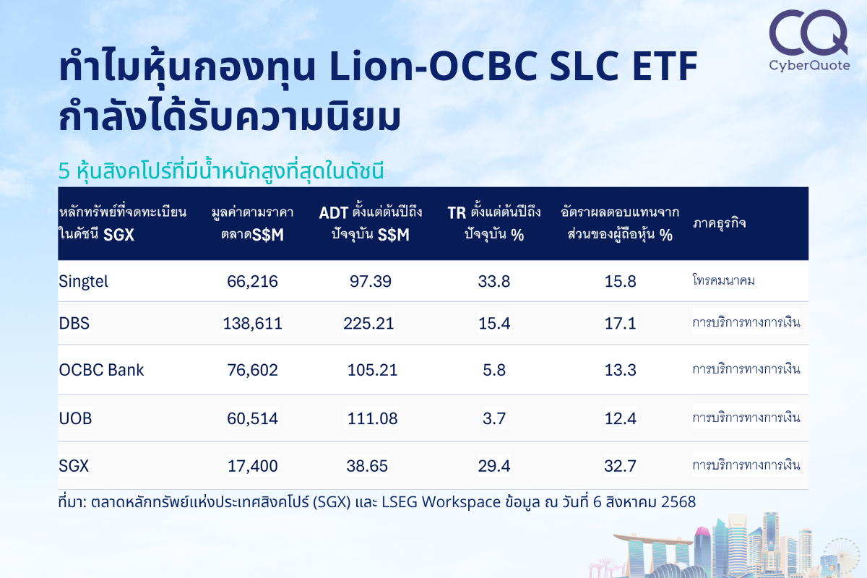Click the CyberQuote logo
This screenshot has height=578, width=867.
[809, 40]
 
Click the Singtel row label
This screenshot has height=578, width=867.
[83, 282]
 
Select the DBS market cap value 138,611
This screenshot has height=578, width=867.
[252, 323]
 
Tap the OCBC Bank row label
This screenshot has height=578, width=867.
[101, 370]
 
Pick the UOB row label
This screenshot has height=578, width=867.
[75, 418]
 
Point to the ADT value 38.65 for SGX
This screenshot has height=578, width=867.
[367, 466]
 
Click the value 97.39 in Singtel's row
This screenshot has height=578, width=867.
[371, 282]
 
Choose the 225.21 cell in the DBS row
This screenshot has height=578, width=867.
[368, 323]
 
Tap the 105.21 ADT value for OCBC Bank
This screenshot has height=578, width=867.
[372, 370]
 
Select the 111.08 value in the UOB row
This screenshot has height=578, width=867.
[372, 418]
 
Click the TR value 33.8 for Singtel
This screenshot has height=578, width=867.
[494, 282]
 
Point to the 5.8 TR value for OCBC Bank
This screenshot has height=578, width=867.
[494, 370]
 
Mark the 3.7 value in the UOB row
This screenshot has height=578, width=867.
[494, 418]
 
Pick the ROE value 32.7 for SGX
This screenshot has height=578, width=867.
[620, 466]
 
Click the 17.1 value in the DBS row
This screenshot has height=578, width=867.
[620, 323]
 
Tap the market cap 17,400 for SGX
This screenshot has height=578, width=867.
[252, 466]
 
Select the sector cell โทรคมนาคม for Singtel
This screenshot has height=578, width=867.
[723, 280]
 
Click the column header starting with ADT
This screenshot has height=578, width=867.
[371, 223]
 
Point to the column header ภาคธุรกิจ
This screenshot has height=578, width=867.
[719, 223]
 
